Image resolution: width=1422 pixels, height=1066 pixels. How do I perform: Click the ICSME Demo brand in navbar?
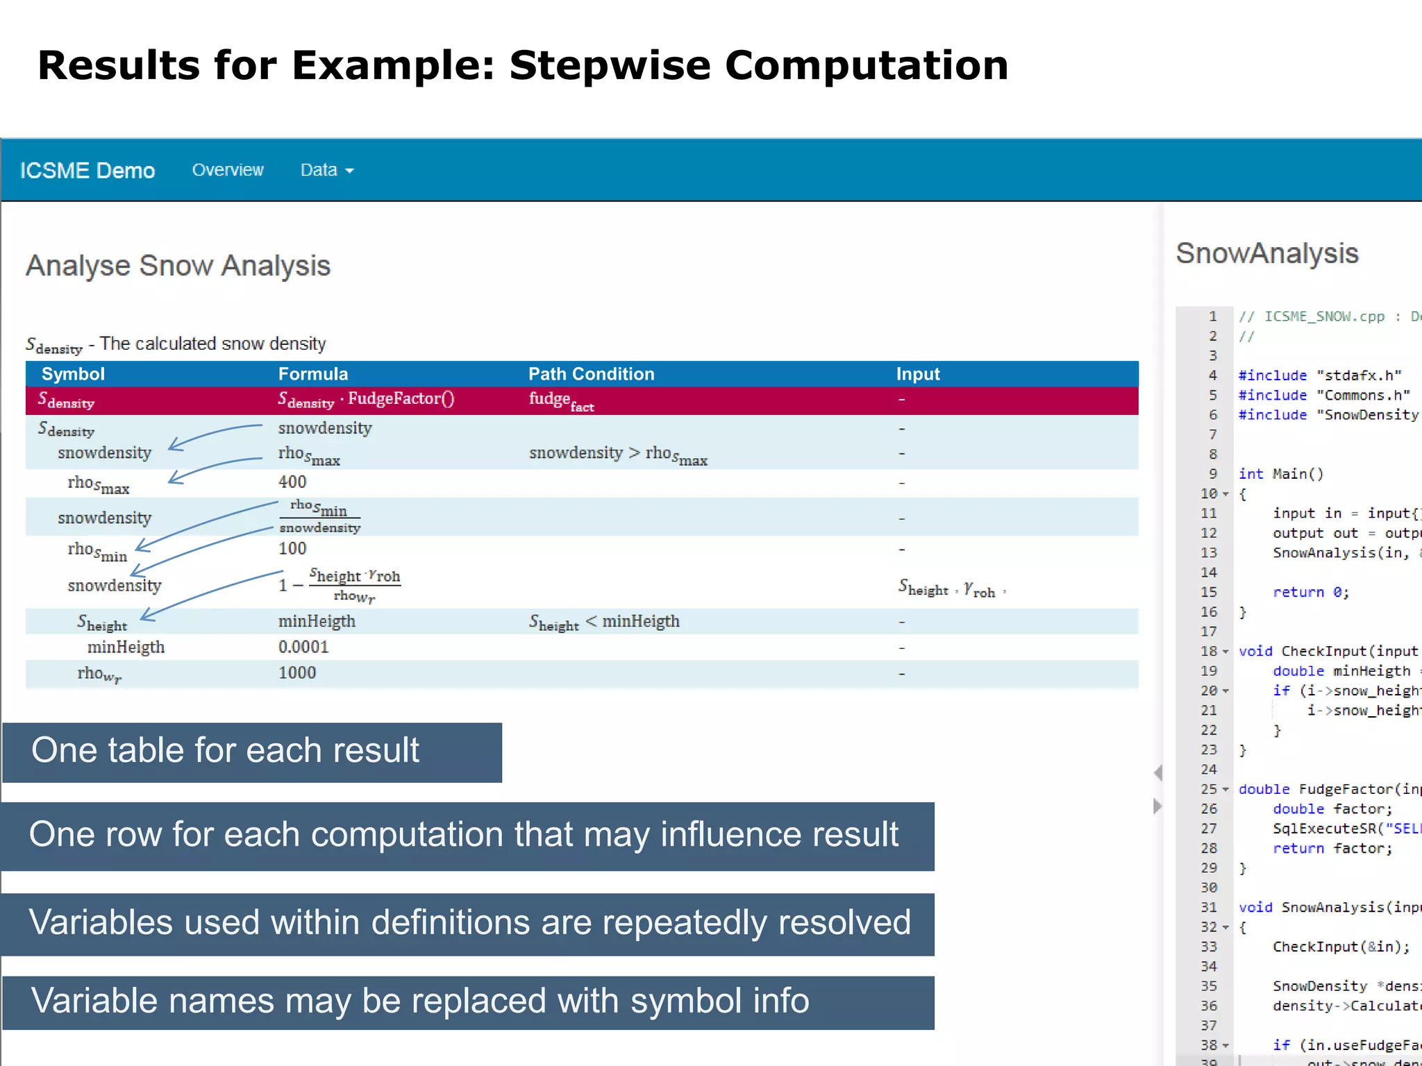point(87,171)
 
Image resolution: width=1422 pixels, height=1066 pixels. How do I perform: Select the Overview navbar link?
point(228,170)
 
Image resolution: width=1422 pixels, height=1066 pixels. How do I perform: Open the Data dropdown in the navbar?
point(326,170)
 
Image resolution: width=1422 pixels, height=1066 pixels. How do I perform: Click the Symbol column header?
point(73,374)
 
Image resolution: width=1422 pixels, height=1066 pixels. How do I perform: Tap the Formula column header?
point(312,374)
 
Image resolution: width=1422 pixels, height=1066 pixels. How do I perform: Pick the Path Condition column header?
point(591,374)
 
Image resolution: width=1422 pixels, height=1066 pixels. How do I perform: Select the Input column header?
point(917,374)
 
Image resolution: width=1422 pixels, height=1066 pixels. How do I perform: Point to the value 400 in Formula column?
point(292,482)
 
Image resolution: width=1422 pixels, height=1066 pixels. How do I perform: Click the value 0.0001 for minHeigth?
point(303,647)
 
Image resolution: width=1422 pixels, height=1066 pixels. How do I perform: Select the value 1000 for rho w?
point(296,672)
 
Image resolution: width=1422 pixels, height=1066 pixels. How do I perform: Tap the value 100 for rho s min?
point(292,548)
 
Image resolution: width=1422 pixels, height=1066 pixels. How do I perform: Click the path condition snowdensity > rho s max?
point(617,454)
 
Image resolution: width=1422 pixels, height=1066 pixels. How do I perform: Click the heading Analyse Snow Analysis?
point(178,266)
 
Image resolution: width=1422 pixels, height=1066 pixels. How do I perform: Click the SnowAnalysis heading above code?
point(1266,253)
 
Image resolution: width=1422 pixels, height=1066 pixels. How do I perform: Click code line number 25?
point(1209,789)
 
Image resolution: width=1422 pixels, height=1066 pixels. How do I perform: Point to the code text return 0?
point(1310,592)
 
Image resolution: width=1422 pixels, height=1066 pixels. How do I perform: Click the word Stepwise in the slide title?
point(610,65)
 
